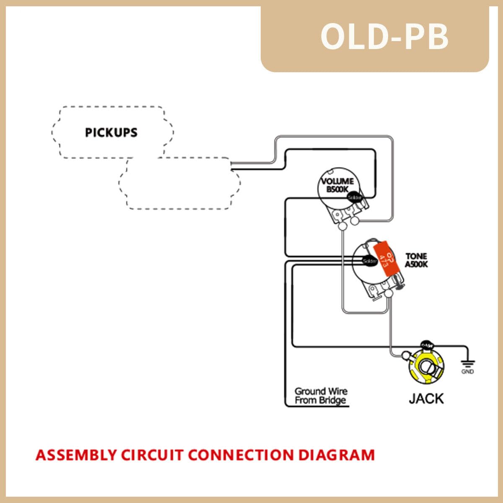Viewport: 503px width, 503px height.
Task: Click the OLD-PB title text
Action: tap(384, 37)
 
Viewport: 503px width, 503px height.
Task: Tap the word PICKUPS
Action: tap(111, 132)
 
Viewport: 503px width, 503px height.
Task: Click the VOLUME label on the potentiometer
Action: tap(337, 181)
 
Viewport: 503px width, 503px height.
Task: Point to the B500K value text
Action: tap(337, 189)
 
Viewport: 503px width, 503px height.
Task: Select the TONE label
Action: tap(416, 256)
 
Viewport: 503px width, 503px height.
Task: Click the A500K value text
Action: tap(416, 264)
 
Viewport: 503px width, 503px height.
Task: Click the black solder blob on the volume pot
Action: tap(355, 197)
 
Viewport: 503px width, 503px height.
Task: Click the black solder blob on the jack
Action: tap(427, 344)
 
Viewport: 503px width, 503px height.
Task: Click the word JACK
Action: tap(426, 398)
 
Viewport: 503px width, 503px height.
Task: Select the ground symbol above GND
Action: tap(467, 362)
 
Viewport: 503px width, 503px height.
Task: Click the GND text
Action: tap(467, 372)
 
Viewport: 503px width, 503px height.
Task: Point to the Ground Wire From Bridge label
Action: tap(321, 396)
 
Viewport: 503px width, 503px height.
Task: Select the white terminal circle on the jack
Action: tap(406, 355)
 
